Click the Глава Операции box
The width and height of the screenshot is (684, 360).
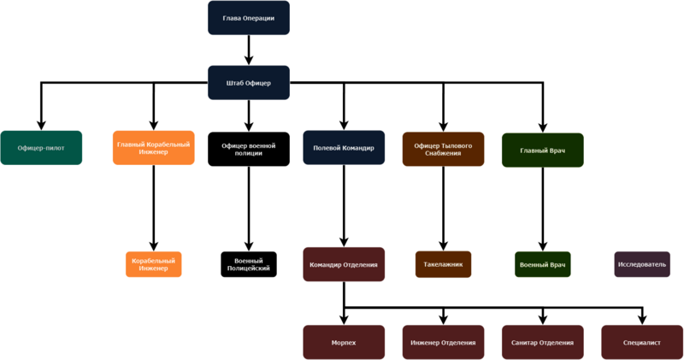(x=249, y=19)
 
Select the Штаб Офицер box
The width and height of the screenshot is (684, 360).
(x=249, y=82)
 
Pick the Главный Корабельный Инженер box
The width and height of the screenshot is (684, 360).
(x=154, y=149)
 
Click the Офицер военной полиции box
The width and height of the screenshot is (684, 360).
(x=248, y=149)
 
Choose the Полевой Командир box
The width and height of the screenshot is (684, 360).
(x=344, y=149)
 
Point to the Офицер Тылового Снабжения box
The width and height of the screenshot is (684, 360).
(x=444, y=149)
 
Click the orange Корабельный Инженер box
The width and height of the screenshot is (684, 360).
(x=154, y=264)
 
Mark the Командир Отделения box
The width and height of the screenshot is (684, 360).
(x=343, y=264)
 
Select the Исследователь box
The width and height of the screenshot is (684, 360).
(x=641, y=264)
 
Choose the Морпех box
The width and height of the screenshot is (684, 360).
(x=343, y=342)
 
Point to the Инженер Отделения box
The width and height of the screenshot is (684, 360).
(x=444, y=342)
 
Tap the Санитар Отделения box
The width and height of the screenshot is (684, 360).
(x=543, y=342)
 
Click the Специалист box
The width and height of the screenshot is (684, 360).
(x=641, y=342)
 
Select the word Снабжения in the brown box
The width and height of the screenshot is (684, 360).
(x=444, y=154)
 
